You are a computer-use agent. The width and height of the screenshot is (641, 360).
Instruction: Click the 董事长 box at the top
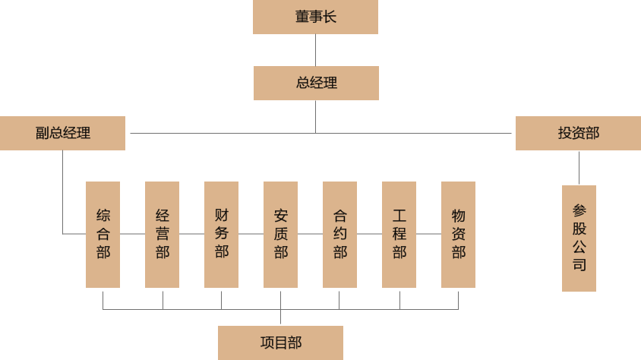315,17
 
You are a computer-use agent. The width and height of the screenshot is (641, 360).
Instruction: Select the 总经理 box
316,83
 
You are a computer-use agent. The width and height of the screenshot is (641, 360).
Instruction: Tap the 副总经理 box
62,133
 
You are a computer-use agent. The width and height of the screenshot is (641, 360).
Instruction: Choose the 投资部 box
578,133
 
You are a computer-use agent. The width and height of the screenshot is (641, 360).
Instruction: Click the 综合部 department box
103,234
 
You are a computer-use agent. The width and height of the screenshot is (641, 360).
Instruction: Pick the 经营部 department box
162,234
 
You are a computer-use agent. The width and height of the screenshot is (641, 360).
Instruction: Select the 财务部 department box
221,234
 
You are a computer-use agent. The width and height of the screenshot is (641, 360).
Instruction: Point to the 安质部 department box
280,234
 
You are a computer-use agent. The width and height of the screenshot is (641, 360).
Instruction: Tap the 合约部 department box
339,234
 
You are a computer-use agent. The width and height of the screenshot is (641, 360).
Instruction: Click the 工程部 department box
399,234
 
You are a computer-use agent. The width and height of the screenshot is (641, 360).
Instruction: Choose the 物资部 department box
458,234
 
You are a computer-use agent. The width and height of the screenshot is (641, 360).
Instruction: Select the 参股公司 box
579,238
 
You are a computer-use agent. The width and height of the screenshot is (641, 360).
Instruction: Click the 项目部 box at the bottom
280,343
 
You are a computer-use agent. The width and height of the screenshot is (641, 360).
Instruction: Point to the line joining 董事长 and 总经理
315,50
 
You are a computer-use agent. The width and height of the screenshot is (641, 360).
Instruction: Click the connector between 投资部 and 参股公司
579,168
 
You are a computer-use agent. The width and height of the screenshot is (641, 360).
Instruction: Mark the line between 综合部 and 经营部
132,234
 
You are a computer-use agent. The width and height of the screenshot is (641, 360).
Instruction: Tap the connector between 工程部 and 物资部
428,234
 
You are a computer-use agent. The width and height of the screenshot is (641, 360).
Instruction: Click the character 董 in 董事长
302,17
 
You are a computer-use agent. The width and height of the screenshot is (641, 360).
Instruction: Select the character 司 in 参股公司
579,265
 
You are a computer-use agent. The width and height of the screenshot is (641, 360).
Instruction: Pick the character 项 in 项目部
267,343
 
